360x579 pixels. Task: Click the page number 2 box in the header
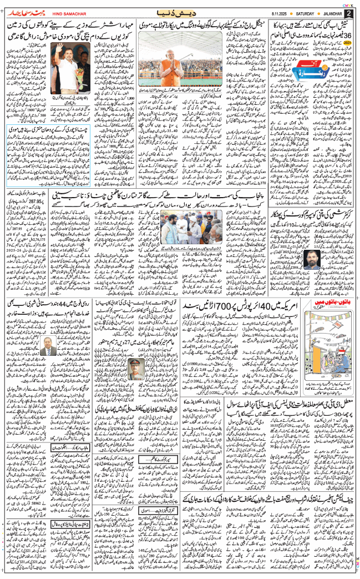tap(348, 12)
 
